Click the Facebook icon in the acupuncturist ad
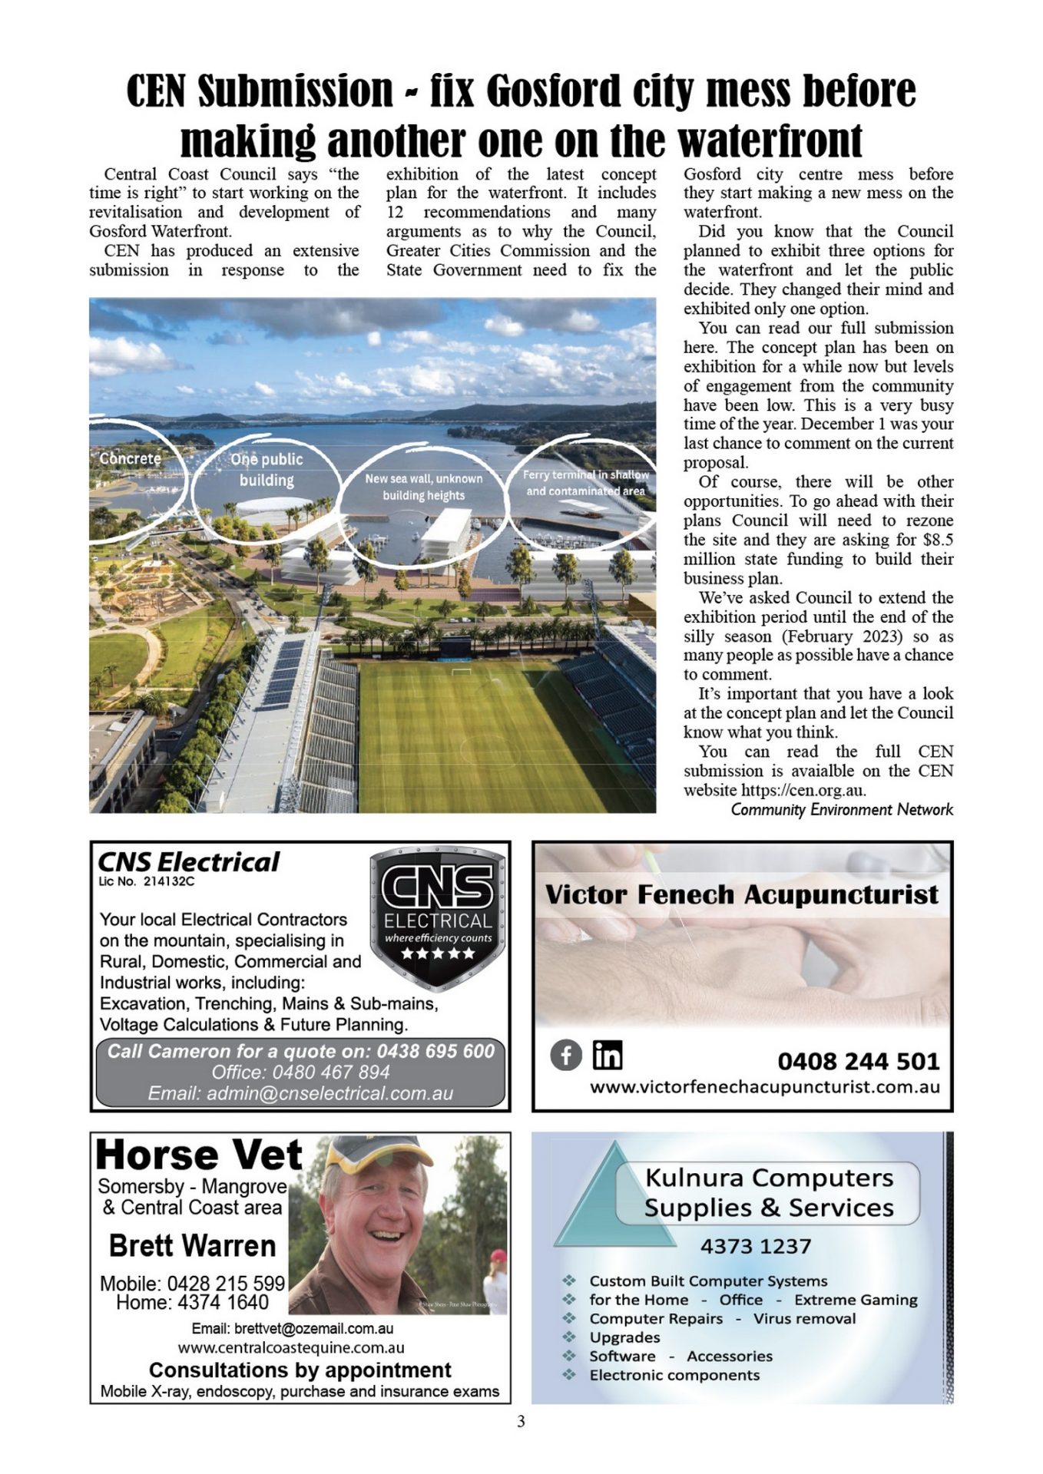coord(566,1056)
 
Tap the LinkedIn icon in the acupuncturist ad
coord(607,1055)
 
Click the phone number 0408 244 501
coord(858,1061)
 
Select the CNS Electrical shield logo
coord(437,917)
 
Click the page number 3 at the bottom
coord(521,1421)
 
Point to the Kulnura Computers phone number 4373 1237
coord(755,1245)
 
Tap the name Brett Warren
coord(192,1245)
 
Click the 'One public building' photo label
coord(267,469)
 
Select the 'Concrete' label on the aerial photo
coord(131,458)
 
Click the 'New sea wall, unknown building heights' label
coord(423,487)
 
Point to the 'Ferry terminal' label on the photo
coord(585,483)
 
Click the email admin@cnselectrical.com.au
coord(300,1093)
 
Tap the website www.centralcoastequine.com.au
coord(291,1347)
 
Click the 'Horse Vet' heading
coord(199,1155)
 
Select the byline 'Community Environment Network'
coord(842,809)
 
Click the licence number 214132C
coord(169,881)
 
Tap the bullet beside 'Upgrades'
coord(569,1337)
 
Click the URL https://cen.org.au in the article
coord(803,790)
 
